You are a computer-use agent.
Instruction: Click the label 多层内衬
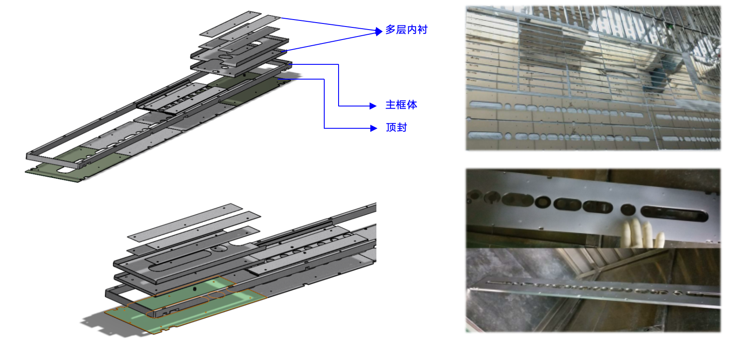406,30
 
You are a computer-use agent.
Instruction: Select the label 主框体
401,105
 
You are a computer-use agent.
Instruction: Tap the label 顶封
396,127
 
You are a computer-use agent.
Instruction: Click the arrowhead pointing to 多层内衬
379,31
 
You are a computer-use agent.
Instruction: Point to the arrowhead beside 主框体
373,106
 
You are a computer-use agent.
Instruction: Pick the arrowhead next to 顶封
374,128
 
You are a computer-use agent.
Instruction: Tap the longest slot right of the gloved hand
674,213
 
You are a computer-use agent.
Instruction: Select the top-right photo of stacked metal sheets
593,78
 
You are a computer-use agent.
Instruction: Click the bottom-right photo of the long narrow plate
593,290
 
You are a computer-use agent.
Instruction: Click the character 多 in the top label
390,30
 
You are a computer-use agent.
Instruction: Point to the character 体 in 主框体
412,105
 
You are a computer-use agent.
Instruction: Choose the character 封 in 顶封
402,127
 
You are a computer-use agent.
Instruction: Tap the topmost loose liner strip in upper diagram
230,24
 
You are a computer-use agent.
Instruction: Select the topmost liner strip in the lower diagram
185,223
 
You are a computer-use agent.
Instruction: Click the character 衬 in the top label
422,30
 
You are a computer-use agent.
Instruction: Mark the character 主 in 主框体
391,105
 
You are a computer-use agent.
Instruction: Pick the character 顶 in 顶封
391,127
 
